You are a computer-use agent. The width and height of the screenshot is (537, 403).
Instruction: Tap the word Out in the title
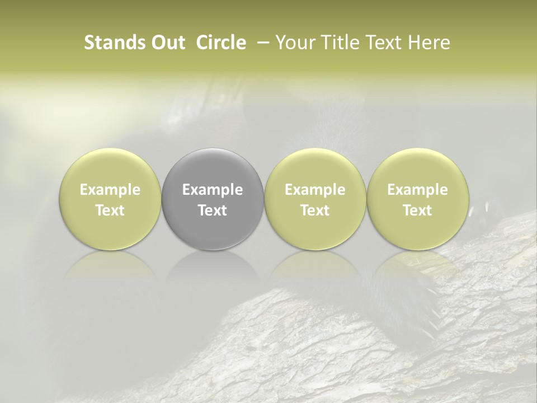tap(168, 43)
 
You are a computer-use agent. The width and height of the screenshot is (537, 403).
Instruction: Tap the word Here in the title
tap(429, 43)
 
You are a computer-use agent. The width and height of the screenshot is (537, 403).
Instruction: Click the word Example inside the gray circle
tap(213, 190)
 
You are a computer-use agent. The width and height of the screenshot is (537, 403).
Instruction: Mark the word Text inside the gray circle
tap(213, 210)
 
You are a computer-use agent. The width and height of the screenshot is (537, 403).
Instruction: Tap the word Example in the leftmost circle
tap(110, 190)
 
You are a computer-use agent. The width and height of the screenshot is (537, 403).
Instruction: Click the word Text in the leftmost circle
tap(110, 210)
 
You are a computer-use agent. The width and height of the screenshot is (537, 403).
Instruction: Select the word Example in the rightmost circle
tap(417, 190)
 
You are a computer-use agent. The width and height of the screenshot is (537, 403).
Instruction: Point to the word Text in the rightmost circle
tap(417, 210)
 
